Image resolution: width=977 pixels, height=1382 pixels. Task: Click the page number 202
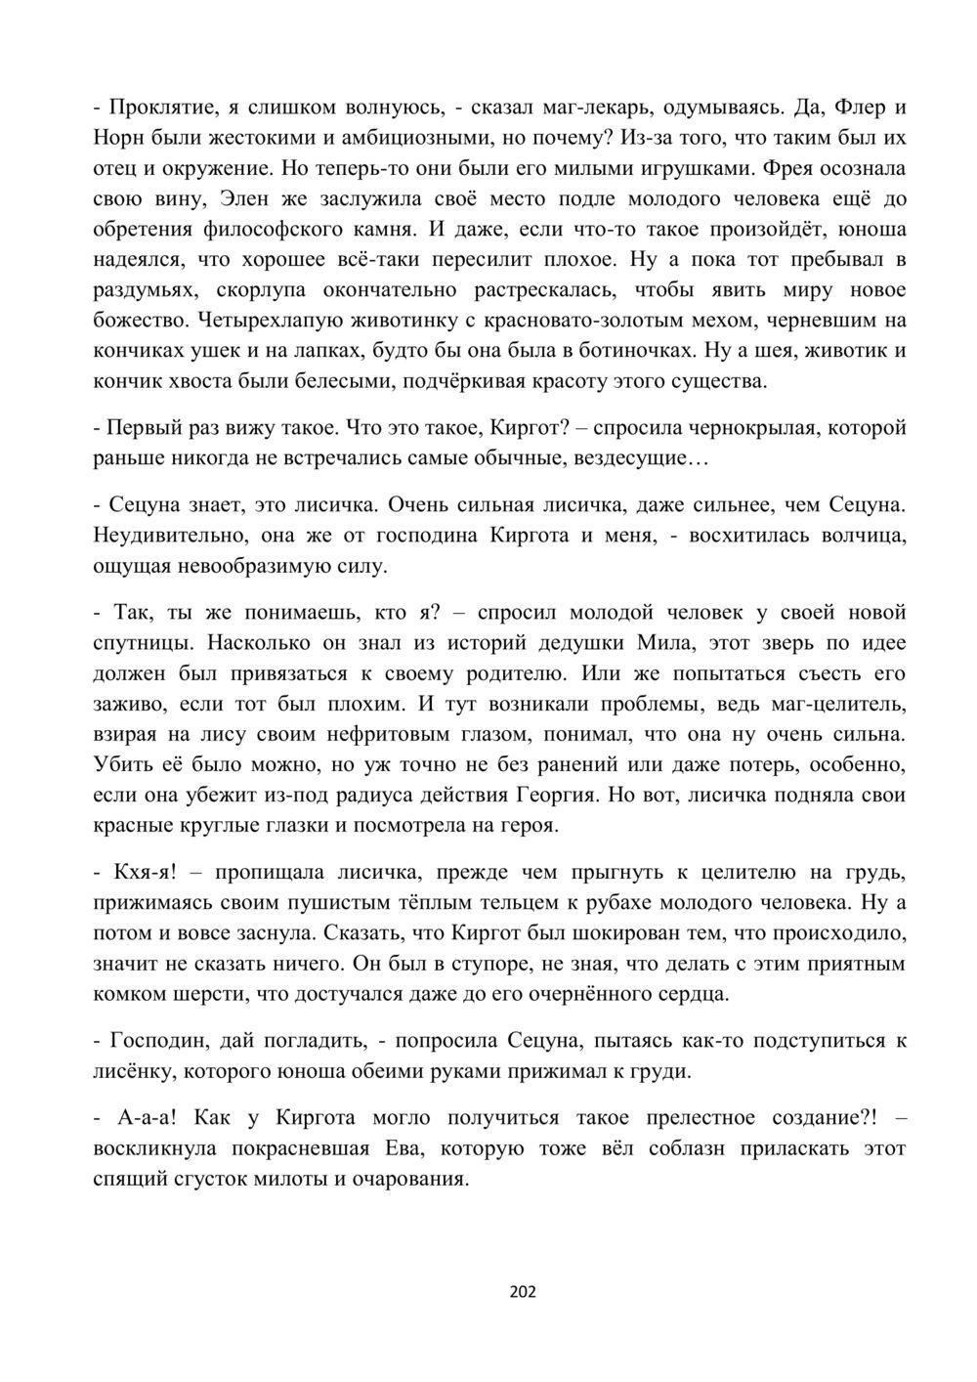click(x=523, y=1292)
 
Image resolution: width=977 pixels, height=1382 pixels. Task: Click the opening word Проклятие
click(x=154, y=107)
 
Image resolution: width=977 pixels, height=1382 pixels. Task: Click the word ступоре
click(x=490, y=963)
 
